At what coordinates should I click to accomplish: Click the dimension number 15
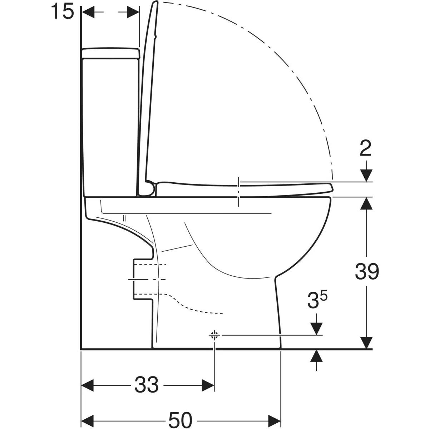click(x=62, y=11)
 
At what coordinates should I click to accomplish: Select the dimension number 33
click(x=147, y=385)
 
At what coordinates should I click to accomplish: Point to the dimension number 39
click(x=367, y=271)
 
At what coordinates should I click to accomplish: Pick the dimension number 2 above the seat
click(x=366, y=148)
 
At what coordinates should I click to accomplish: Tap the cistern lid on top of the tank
click(x=110, y=53)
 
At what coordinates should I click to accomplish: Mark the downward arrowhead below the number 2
click(x=366, y=176)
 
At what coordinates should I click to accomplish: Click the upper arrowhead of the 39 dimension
click(x=366, y=203)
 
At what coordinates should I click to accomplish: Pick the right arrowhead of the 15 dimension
click(x=133, y=11)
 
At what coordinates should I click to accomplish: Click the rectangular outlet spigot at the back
click(x=143, y=280)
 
